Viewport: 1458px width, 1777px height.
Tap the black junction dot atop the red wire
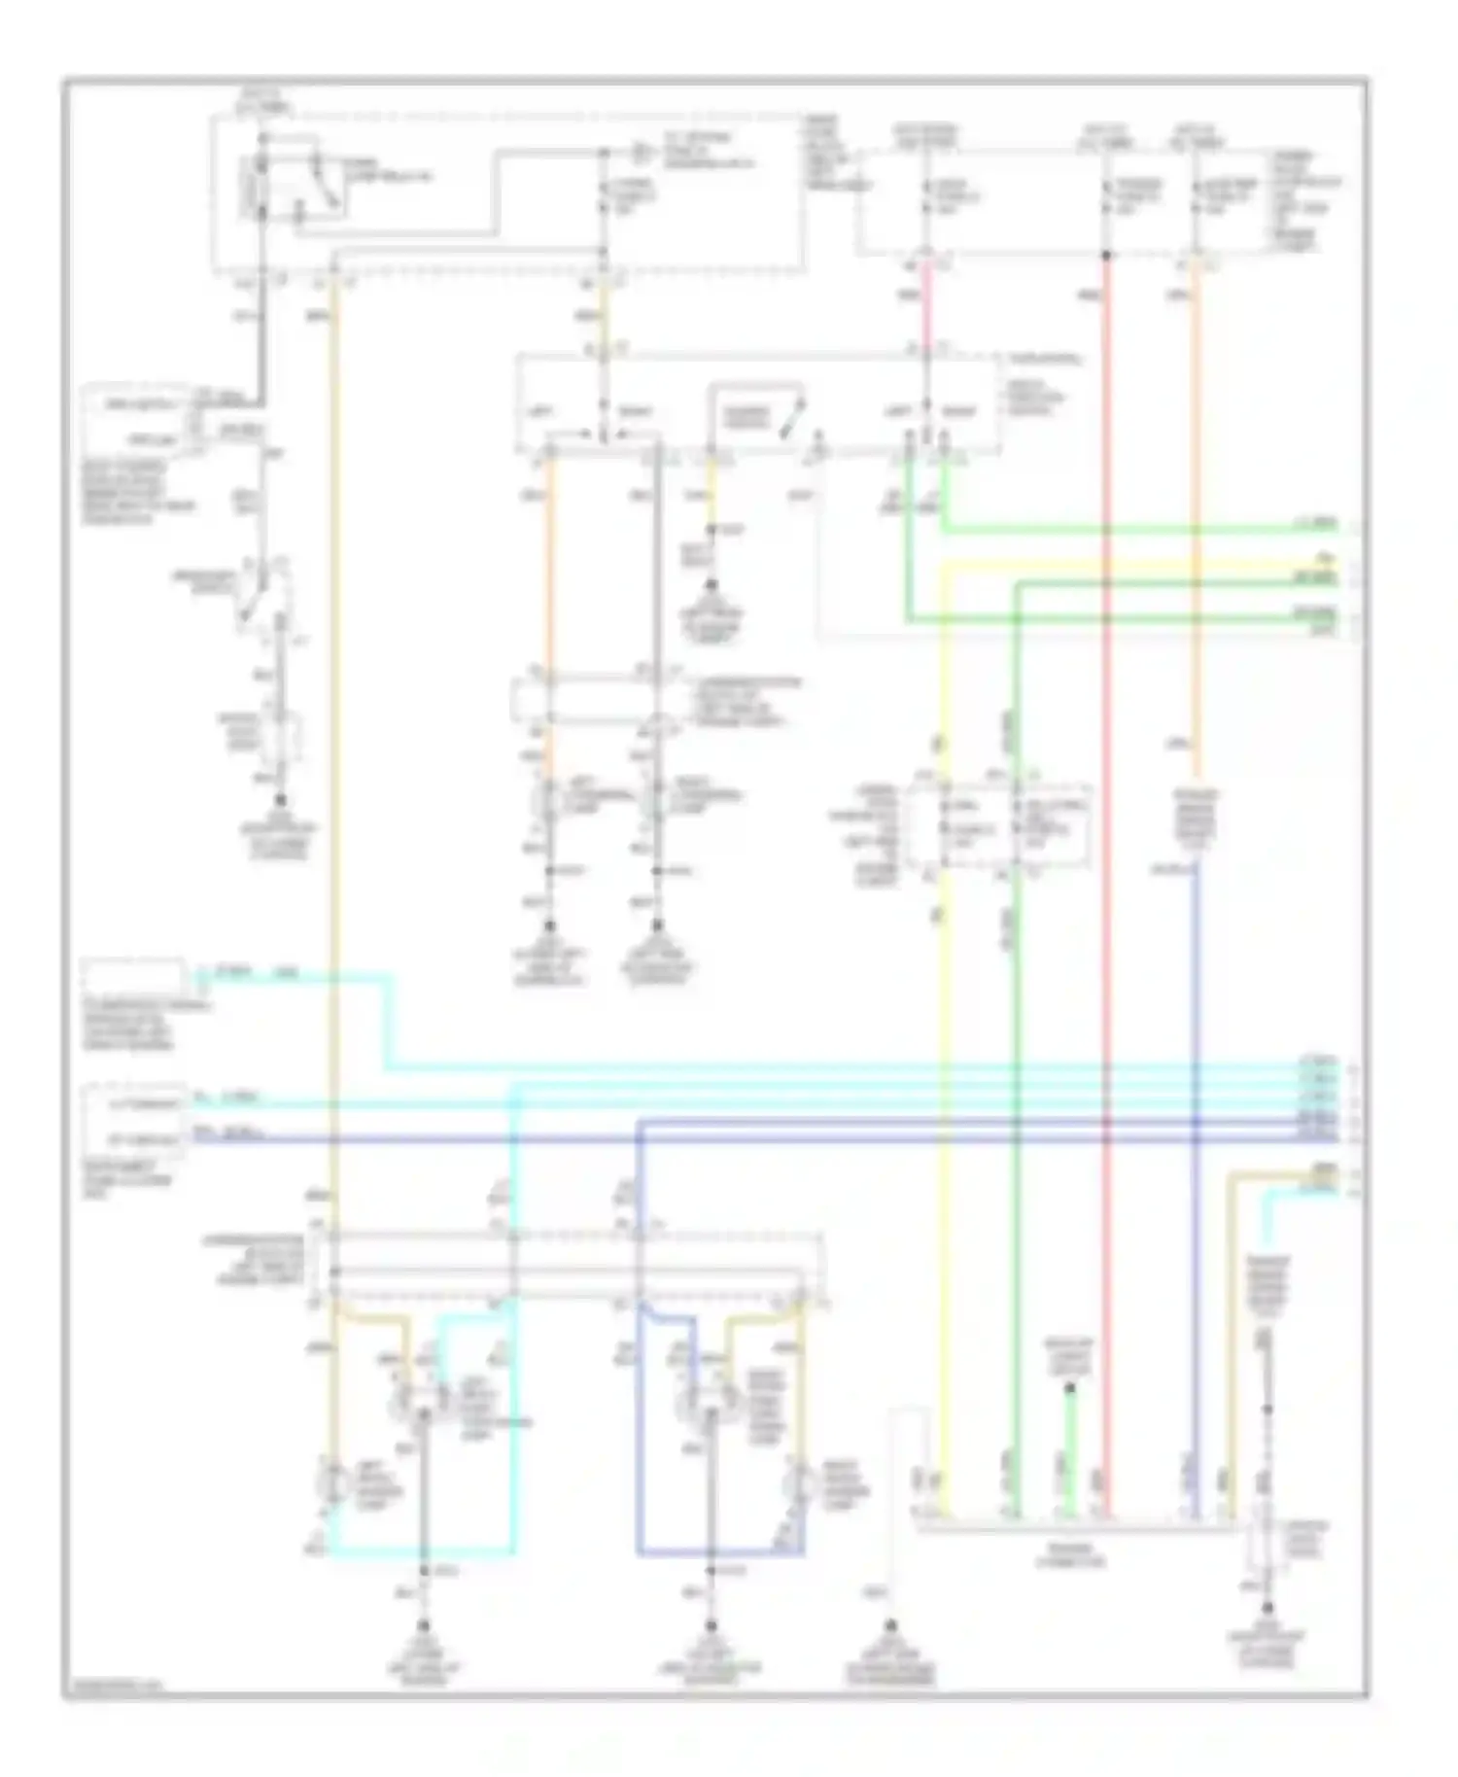point(1106,256)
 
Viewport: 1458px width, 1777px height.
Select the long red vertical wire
point(1106,875)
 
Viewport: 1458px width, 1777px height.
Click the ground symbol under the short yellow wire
point(711,586)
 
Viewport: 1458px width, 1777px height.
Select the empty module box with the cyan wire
point(133,979)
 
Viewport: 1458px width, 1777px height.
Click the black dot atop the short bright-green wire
point(1070,1389)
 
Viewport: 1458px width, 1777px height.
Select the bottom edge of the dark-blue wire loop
point(719,1553)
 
